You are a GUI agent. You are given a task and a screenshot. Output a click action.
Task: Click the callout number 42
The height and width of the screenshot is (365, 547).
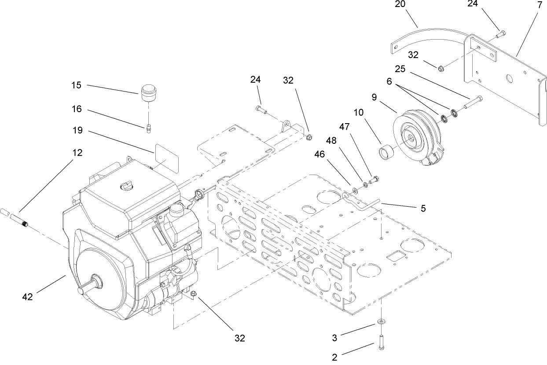click(x=27, y=297)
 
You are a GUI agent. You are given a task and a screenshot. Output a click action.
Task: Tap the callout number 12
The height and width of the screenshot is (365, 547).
click(x=77, y=153)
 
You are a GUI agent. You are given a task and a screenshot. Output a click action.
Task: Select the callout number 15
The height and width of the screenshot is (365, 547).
click(x=77, y=85)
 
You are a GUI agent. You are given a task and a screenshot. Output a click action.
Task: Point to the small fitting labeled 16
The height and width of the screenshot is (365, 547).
click(x=149, y=128)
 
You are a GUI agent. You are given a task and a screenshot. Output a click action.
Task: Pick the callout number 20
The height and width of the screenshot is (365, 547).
click(x=400, y=4)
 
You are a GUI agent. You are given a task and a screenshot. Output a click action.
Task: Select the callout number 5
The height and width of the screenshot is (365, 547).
click(x=423, y=208)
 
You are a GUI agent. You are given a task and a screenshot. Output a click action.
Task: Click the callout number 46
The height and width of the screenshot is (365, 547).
click(x=320, y=154)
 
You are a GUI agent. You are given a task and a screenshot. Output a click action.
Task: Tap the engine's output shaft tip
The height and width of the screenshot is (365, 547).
click(x=81, y=291)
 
